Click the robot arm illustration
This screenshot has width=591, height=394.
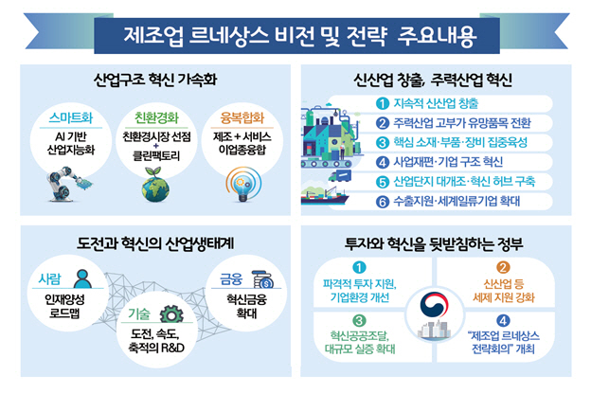(68, 184)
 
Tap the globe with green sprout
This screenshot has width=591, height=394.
(155, 185)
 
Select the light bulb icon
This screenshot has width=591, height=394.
(243, 185)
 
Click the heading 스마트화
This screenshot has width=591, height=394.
(70, 118)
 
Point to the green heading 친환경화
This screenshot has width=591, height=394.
(156, 118)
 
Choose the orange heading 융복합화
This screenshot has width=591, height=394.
(242, 118)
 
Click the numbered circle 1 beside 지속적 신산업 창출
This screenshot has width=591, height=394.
(383, 103)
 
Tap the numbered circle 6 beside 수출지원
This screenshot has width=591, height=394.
(383, 202)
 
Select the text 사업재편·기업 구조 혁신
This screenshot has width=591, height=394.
(448, 162)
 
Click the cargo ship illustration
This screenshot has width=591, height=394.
(324, 196)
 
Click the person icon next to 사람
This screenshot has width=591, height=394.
(82, 278)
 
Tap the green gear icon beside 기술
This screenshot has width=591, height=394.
(171, 313)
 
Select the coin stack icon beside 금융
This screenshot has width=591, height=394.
(262, 279)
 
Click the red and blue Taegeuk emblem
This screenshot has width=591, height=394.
(434, 305)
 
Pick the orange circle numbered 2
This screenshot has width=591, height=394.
(503, 267)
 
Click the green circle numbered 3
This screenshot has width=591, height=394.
(359, 320)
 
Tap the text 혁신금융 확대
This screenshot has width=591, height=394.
(246, 306)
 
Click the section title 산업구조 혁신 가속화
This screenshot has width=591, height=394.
(155, 80)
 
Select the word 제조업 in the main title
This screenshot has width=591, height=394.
(153, 36)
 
